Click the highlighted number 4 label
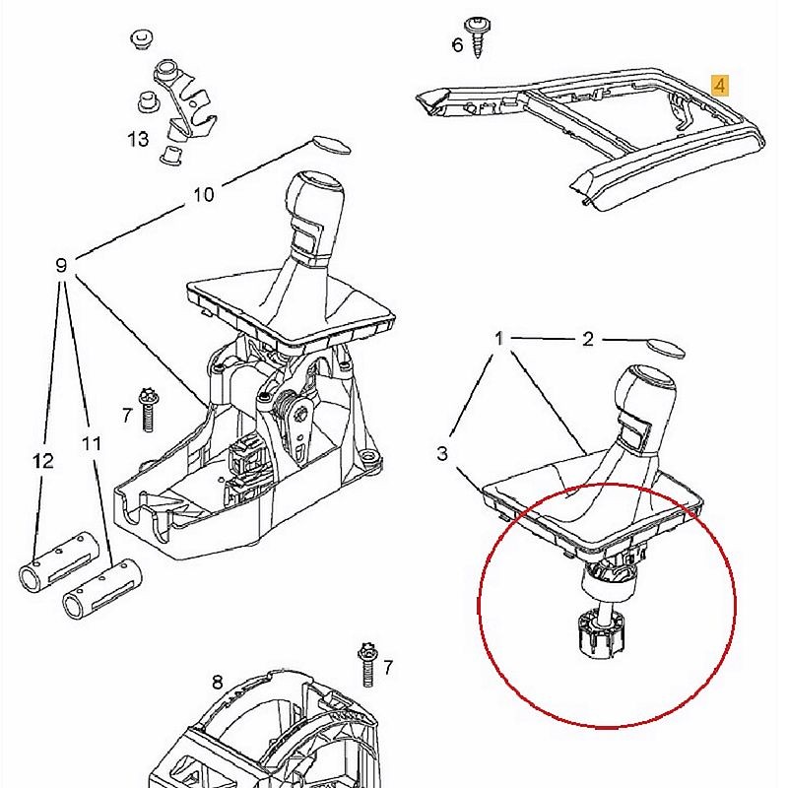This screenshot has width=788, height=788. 720,86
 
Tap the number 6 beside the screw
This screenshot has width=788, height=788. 457,45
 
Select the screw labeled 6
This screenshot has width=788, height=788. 478,37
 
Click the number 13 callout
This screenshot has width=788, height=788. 138,139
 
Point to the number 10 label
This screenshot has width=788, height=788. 204,194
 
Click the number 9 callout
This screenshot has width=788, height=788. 61,265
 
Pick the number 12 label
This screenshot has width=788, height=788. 42,460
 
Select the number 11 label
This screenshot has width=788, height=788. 92,443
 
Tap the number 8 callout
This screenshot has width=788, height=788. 217,683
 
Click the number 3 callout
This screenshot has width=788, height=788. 441,453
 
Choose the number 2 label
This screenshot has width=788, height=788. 588,339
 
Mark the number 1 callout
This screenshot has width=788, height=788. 498,338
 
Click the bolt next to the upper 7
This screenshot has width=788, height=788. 148,409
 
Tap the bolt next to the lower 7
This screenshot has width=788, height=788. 367,666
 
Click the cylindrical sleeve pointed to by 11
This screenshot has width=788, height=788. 102,588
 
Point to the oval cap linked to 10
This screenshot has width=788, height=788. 332,144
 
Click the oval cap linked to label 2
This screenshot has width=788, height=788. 665,349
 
